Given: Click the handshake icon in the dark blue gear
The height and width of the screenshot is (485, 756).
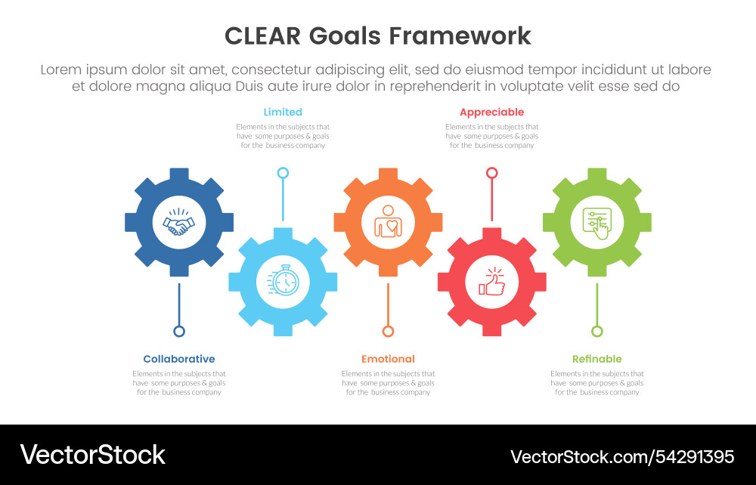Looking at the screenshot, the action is tap(179, 223).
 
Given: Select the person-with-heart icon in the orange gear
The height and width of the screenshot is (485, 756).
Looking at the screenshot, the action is tap(388, 222).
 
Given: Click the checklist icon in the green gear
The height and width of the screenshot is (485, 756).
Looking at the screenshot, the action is tap(596, 223).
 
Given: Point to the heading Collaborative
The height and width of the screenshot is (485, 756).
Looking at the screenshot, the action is tap(179, 359).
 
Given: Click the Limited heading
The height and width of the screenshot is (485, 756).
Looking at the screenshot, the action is tap(283, 112).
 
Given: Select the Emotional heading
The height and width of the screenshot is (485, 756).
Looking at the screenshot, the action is tap(388, 359).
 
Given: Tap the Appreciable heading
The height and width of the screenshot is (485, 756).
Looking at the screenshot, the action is tap(491, 112).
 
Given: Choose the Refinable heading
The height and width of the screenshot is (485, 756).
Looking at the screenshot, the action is tap(597, 359).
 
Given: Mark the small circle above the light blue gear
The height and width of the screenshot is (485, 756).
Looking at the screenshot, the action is tap(283, 173).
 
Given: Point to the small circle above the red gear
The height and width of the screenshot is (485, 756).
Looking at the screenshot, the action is tap(492, 173).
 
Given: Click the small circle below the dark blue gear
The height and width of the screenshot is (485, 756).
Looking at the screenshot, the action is tap(179, 331).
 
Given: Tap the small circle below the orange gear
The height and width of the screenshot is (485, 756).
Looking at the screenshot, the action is tap(388, 331).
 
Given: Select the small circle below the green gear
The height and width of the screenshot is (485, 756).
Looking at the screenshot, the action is tap(597, 331).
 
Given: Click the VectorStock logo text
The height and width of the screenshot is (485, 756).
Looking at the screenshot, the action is tap(92, 455).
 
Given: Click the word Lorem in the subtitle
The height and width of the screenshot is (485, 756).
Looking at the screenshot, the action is tap(61, 70).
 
